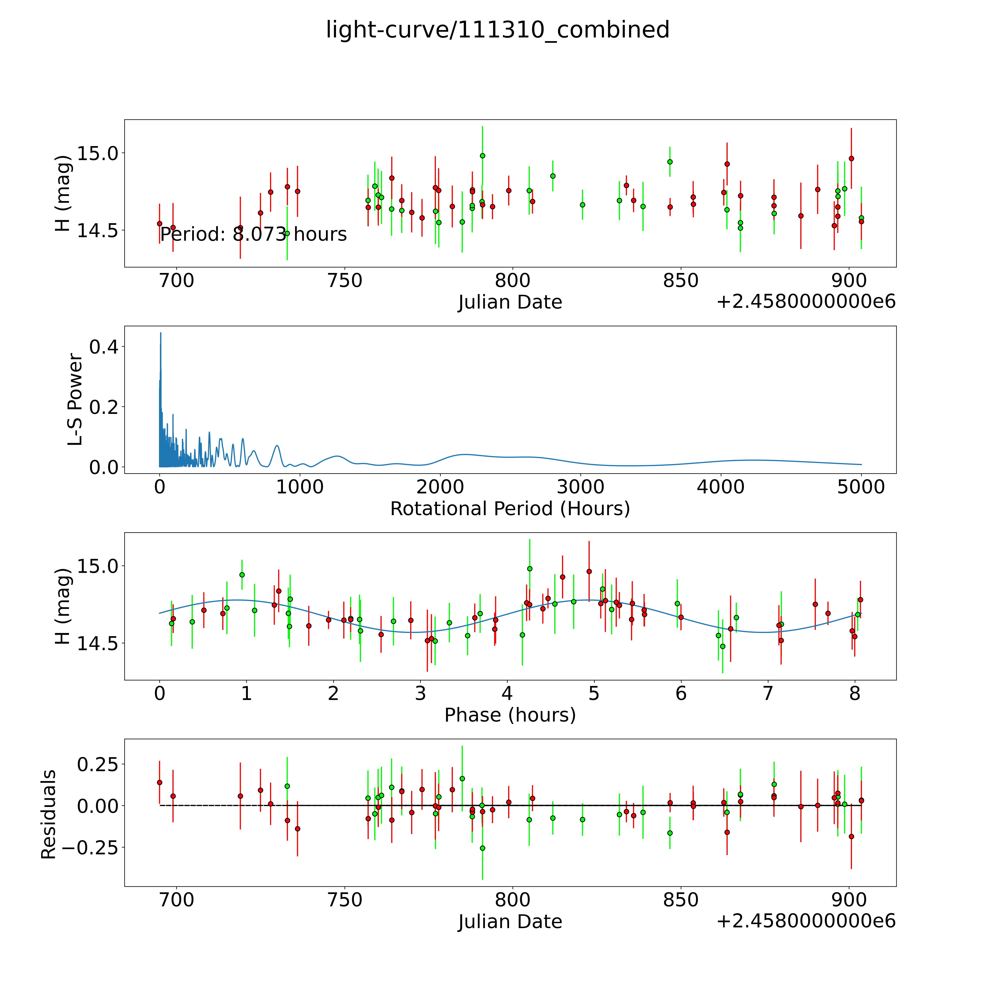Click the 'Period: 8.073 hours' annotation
(x=253, y=235)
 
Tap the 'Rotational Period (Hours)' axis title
(x=510, y=509)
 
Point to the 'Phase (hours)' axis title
(x=510, y=715)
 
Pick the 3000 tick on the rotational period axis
(x=580, y=487)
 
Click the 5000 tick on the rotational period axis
(x=861, y=487)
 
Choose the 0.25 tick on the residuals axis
(x=97, y=764)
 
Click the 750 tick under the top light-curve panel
(x=344, y=281)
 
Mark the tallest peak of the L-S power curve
(x=160, y=333)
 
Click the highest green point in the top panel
(x=482, y=156)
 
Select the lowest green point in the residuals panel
(x=482, y=848)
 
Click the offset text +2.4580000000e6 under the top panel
(x=806, y=302)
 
